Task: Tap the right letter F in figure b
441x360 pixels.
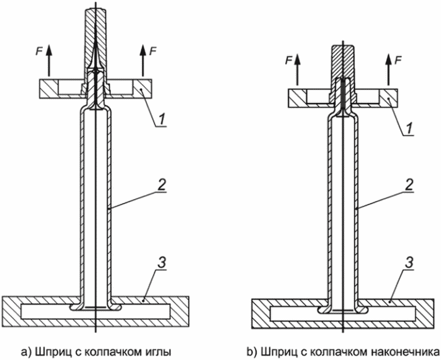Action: pyautogui.click(x=398, y=60)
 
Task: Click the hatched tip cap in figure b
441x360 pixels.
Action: pyautogui.click(x=344, y=60)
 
